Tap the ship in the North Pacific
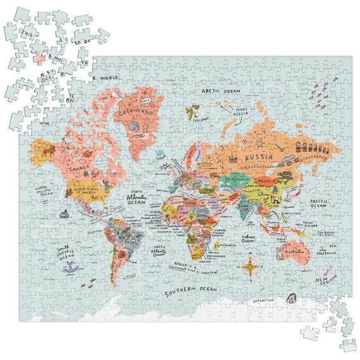click(x=63, y=213)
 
